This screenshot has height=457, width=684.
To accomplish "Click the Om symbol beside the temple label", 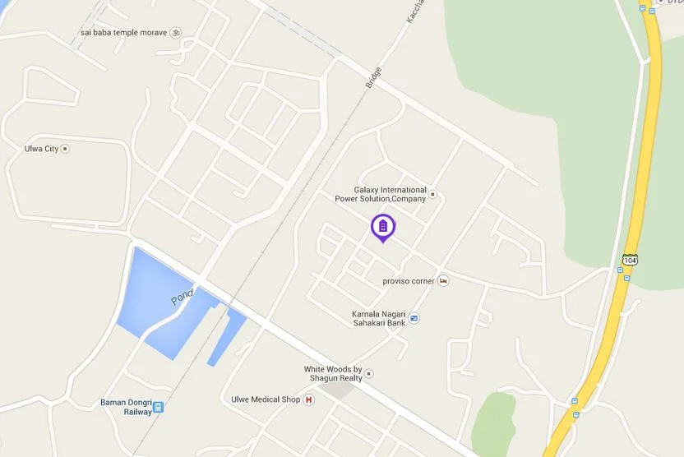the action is (x=175, y=33).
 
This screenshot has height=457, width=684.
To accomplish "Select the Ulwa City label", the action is (x=41, y=149).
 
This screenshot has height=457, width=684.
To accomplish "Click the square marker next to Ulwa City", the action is (x=66, y=149).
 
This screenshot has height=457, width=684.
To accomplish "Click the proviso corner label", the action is (x=409, y=281).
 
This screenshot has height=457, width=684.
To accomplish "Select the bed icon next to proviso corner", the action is (x=444, y=281).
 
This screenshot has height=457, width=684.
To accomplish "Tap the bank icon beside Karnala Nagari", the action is (x=414, y=319).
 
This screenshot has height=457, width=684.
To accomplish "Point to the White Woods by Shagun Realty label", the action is (x=333, y=374).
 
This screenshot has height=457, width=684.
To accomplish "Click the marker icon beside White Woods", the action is (x=369, y=374).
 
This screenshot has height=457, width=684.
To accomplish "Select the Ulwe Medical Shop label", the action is (x=266, y=399).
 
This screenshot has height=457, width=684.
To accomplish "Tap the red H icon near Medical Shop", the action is (x=309, y=399).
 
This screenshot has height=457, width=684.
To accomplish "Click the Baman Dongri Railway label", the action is (x=124, y=406).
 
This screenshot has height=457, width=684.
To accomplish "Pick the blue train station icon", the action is (x=158, y=407).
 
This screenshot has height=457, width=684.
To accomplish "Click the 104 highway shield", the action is (x=630, y=260).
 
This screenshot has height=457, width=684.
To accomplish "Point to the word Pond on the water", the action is (x=182, y=296).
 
